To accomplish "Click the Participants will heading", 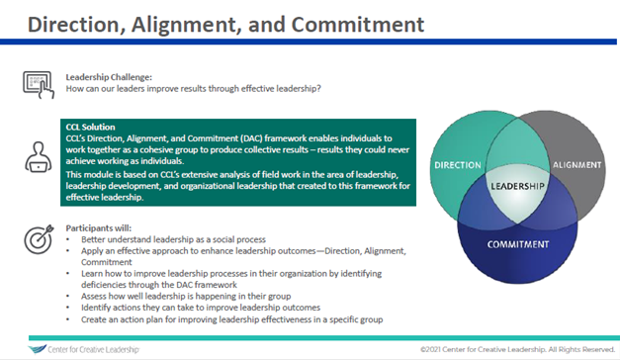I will [x=95, y=228].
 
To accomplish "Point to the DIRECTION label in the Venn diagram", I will [x=457, y=164].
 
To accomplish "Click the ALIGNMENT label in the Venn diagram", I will [x=575, y=166].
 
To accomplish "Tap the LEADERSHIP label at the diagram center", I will [x=514, y=185].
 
